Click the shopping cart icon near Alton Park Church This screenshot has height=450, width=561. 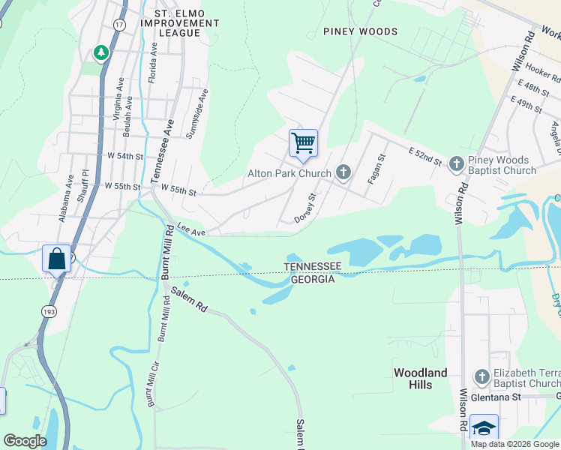tap(303, 142)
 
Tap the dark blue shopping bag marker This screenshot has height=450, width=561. tap(57, 259)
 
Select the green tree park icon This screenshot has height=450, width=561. tap(100, 52)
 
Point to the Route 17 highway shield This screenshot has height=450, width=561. tap(118, 25)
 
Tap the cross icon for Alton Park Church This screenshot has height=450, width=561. tap(343, 174)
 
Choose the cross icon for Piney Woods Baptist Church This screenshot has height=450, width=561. tap(455, 163)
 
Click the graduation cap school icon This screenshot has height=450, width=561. tap(484, 428)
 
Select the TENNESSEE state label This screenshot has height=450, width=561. tap(313, 267)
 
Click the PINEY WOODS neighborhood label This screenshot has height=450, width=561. tap(360, 31)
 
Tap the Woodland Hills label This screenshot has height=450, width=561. tap(421, 379)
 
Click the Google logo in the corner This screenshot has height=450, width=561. tap(25, 441)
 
